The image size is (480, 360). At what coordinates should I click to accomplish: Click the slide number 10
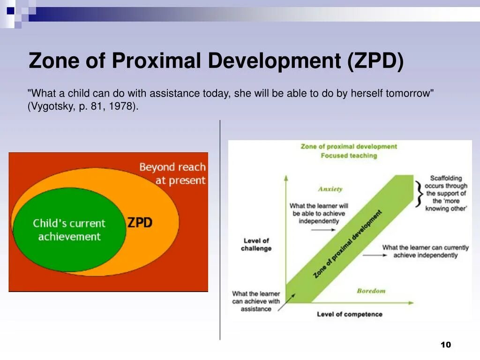[445, 345]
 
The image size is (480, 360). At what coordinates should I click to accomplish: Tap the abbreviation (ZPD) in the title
[375, 61]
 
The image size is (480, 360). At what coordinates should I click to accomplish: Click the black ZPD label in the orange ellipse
[140, 222]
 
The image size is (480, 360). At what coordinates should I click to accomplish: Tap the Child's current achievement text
[69, 230]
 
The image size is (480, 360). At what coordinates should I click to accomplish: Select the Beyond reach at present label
[172, 173]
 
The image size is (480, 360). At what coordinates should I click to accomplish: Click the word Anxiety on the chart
[330, 189]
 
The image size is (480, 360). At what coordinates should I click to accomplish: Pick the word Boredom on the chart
[371, 291]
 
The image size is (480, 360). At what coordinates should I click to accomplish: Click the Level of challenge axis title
[256, 244]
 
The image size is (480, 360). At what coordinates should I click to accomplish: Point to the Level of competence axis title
[349, 314]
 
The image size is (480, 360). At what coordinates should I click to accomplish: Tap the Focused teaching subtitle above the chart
[349, 156]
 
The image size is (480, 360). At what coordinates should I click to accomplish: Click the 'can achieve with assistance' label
[255, 301]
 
